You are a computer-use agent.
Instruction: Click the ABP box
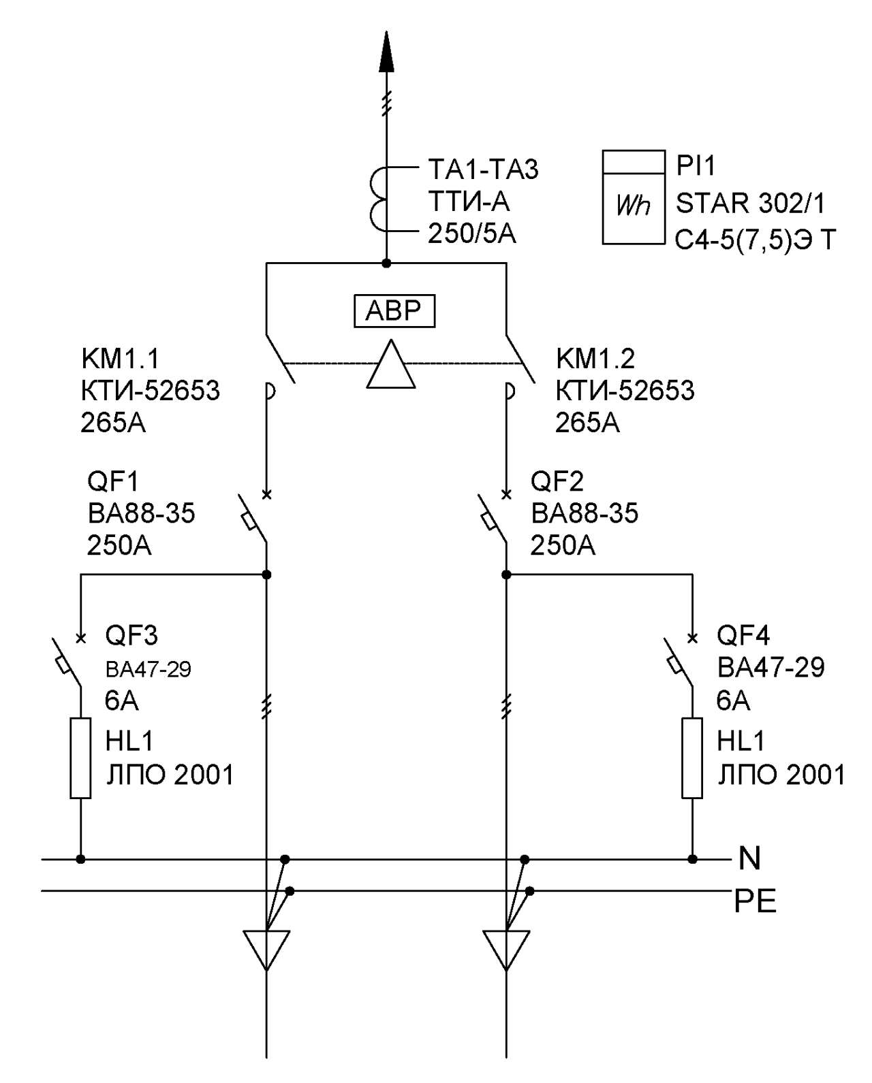[394, 311]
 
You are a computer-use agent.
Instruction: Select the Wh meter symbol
[633, 198]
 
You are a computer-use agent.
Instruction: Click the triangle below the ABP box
[391, 364]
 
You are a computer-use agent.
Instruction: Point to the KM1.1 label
[121, 359]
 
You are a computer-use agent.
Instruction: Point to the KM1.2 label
[595, 359]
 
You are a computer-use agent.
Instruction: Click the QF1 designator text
[113, 482]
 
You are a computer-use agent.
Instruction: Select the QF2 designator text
[557, 482]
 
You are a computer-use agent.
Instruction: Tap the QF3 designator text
[131, 636]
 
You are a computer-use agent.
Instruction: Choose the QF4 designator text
[743, 636]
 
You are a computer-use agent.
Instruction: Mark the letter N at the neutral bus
[749, 858]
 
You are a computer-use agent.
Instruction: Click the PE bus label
[755, 901]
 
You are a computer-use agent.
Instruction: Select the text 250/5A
[472, 234]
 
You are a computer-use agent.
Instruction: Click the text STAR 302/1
[750, 204]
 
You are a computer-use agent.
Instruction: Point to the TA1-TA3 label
[483, 169]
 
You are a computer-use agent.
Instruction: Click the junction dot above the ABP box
[386, 263]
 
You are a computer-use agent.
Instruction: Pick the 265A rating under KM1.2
[587, 422]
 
